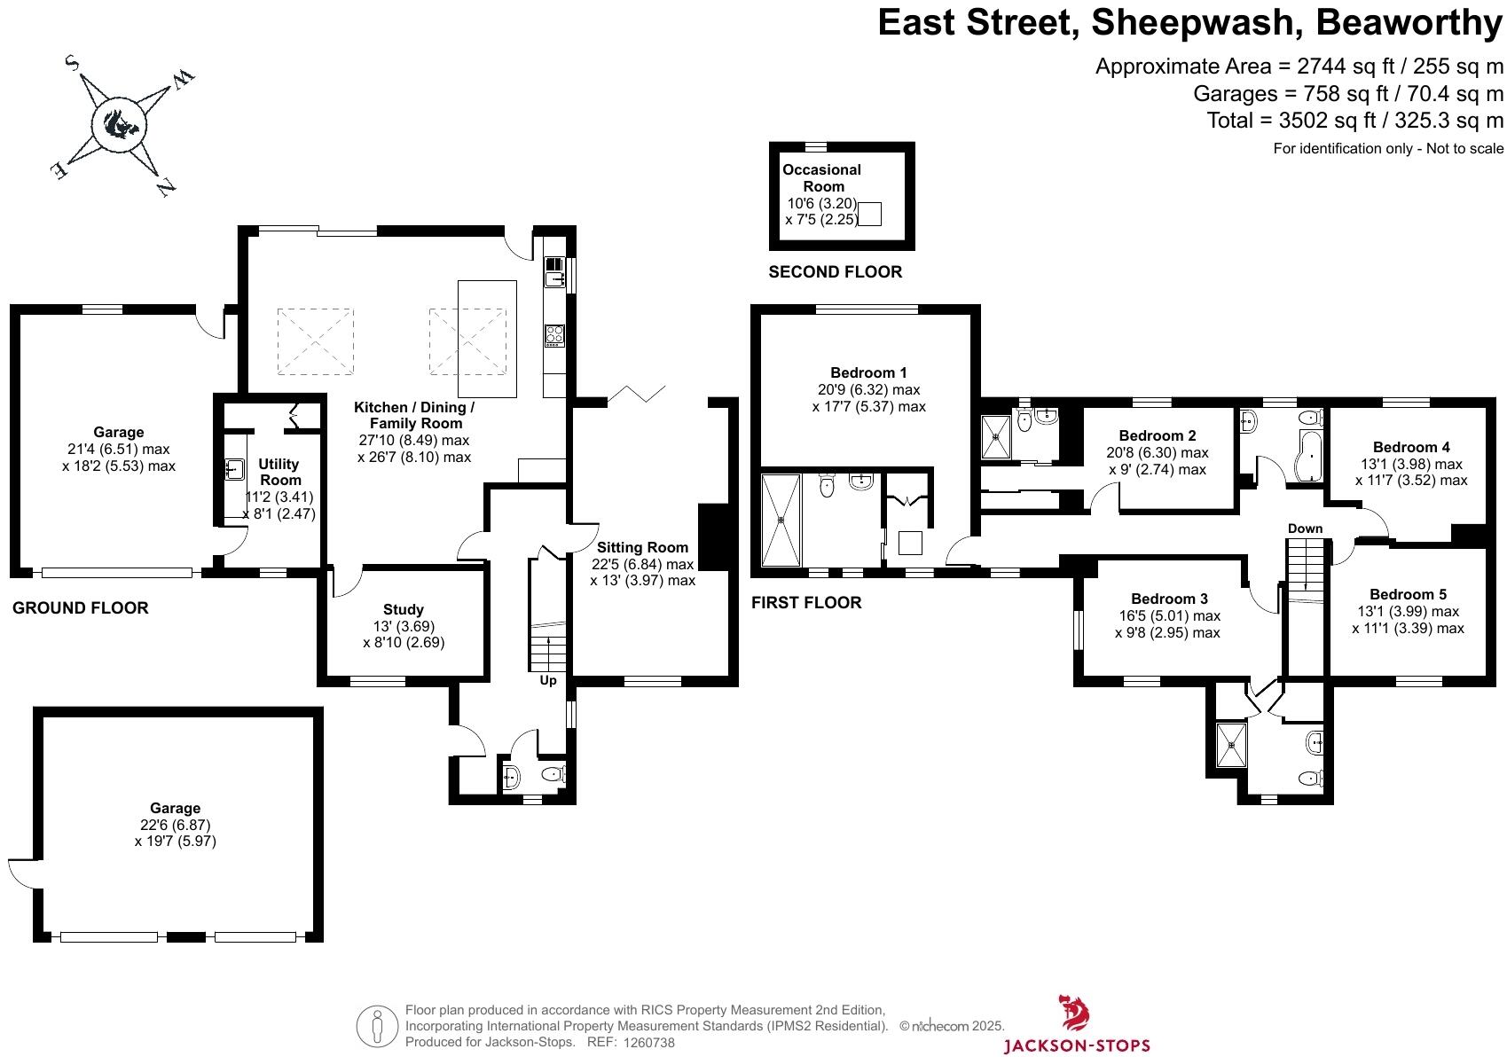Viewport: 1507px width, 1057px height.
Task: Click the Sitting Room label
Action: [x=642, y=547]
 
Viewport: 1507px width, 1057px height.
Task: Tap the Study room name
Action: [x=404, y=609]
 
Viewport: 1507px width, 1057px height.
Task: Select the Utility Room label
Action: [x=279, y=472]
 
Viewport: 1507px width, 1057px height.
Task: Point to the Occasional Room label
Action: [x=822, y=177]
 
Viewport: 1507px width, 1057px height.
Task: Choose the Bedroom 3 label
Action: [x=1169, y=599]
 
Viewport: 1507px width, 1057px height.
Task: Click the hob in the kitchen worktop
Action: [x=554, y=335]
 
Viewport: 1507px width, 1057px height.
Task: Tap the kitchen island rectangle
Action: [x=487, y=339]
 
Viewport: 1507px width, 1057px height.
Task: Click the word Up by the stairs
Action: [x=548, y=680]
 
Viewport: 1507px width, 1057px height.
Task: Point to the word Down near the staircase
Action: [x=1305, y=528]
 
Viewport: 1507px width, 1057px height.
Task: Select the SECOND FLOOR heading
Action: [x=835, y=272]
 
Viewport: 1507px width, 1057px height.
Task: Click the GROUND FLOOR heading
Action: [x=80, y=607]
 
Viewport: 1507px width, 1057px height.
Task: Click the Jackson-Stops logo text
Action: [x=1076, y=1045]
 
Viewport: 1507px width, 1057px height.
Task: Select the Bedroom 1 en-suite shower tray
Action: [x=781, y=521]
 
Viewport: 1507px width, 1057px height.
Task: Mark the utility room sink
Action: [x=234, y=467]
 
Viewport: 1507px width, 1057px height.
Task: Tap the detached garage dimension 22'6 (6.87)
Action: [x=175, y=825]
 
